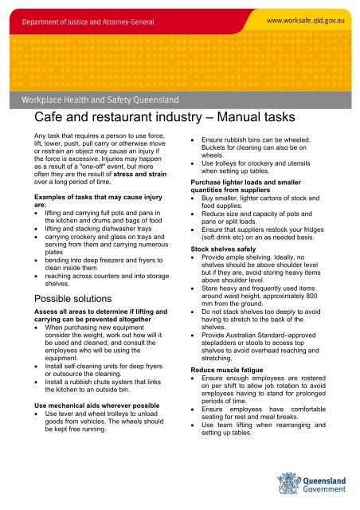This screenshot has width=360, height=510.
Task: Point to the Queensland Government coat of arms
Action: [288, 483]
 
